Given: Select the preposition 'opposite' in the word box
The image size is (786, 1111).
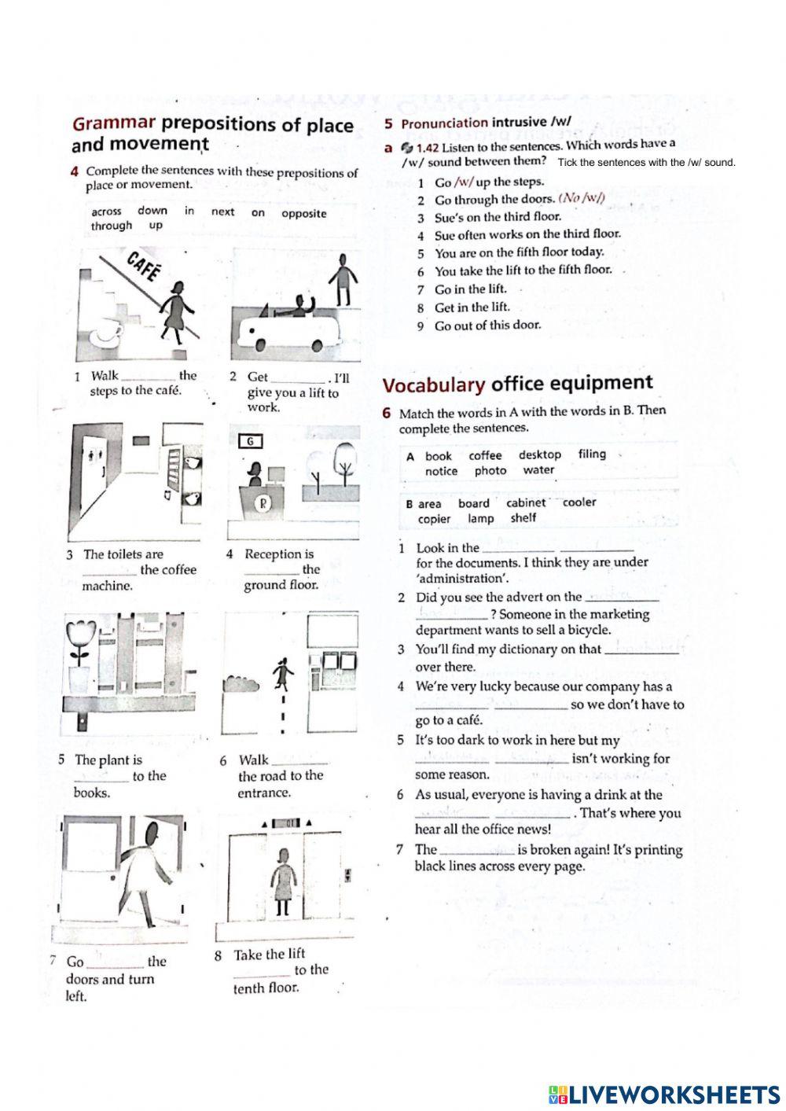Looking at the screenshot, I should [303, 213].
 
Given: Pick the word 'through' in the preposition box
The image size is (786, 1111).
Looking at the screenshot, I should [112, 226].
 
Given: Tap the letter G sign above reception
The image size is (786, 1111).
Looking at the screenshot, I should [250, 441].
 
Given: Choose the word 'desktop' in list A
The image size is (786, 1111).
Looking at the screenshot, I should [539, 454].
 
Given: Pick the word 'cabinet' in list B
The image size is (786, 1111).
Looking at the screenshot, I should [525, 502].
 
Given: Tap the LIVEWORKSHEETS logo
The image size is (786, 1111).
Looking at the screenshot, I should [664, 1094].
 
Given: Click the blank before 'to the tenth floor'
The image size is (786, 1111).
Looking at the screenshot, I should [262, 973].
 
